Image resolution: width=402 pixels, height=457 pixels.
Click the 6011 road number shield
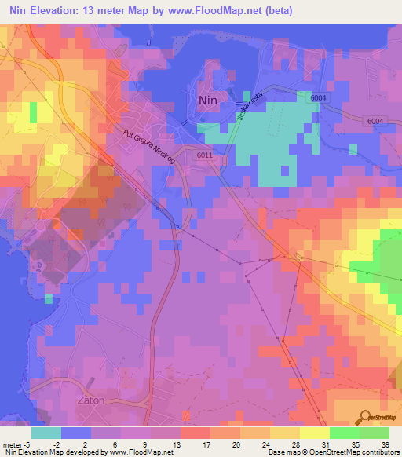204,155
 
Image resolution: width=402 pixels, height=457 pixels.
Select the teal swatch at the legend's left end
46,432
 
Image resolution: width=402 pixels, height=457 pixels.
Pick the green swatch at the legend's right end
374,432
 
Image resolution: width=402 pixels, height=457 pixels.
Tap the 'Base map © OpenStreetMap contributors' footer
334,452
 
